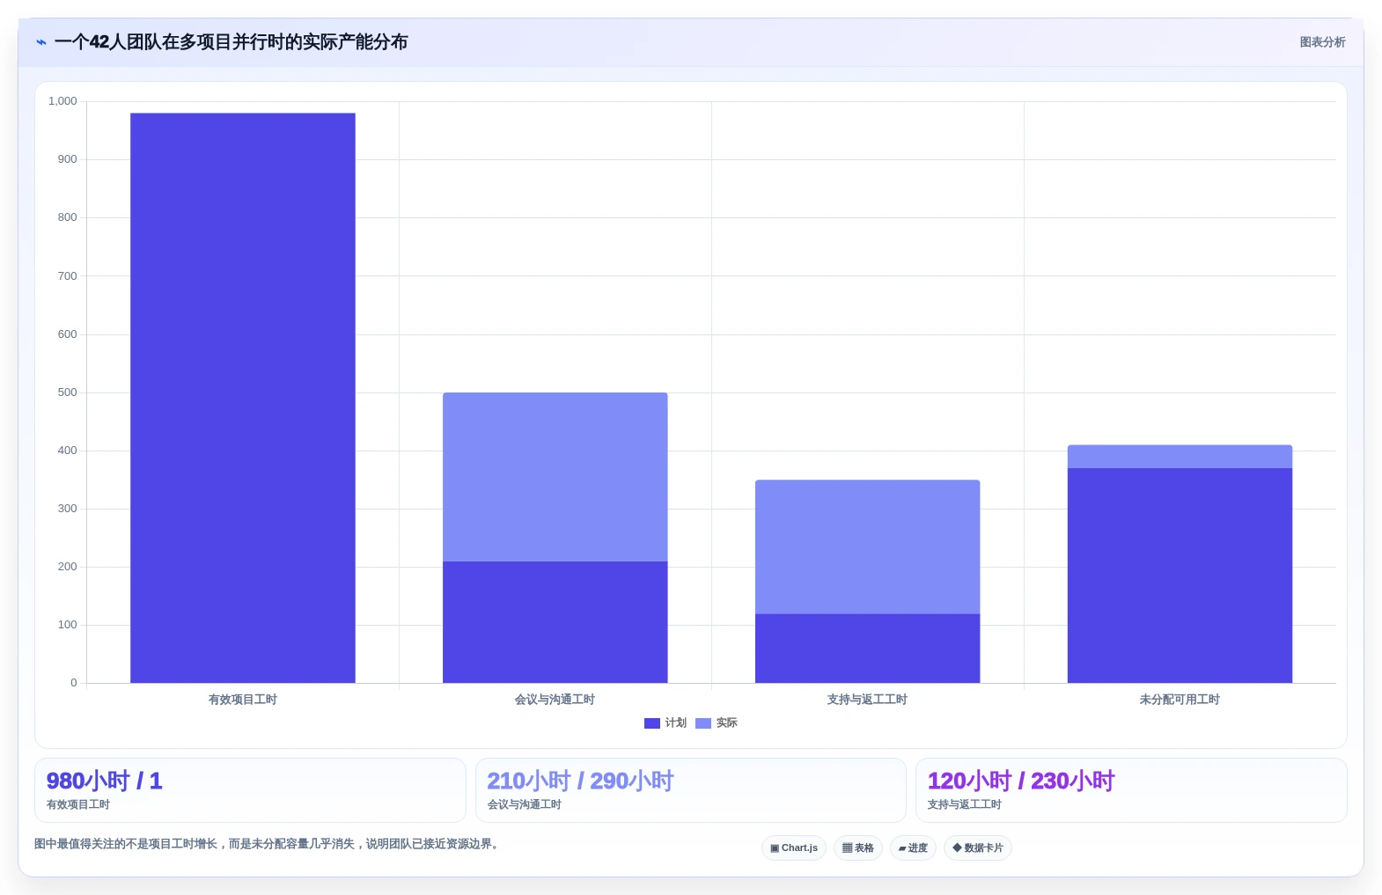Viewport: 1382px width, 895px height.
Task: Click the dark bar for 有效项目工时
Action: (242, 398)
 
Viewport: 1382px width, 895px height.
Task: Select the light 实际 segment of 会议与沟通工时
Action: (555, 477)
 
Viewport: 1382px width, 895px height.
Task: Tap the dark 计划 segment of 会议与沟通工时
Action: (555, 622)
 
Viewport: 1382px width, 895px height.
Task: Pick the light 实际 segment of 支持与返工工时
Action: (867, 547)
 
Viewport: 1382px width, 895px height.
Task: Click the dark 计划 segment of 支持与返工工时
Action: (867, 649)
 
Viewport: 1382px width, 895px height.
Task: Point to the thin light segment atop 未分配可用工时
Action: (1180, 457)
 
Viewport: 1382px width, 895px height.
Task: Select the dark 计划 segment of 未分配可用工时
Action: (1180, 576)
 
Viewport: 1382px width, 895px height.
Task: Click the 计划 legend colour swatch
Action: (651, 723)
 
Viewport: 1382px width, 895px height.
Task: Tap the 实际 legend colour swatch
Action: (702, 723)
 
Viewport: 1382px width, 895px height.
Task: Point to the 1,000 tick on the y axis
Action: (62, 101)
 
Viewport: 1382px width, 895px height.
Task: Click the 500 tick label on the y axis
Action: (67, 392)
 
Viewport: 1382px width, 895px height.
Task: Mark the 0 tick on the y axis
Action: (73, 683)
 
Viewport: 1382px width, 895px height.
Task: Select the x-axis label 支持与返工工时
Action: (867, 700)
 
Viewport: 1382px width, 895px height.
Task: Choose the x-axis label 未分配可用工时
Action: (1180, 700)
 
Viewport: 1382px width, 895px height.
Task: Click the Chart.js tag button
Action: (793, 847)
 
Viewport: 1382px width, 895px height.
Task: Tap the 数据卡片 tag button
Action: (977, 847)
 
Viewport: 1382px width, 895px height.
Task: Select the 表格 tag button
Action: (857, 847)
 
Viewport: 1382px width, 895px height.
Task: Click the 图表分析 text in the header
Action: (1322, 42)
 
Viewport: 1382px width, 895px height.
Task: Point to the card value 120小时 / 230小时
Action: (1020, 781)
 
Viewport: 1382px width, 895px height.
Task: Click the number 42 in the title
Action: (99, 42)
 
